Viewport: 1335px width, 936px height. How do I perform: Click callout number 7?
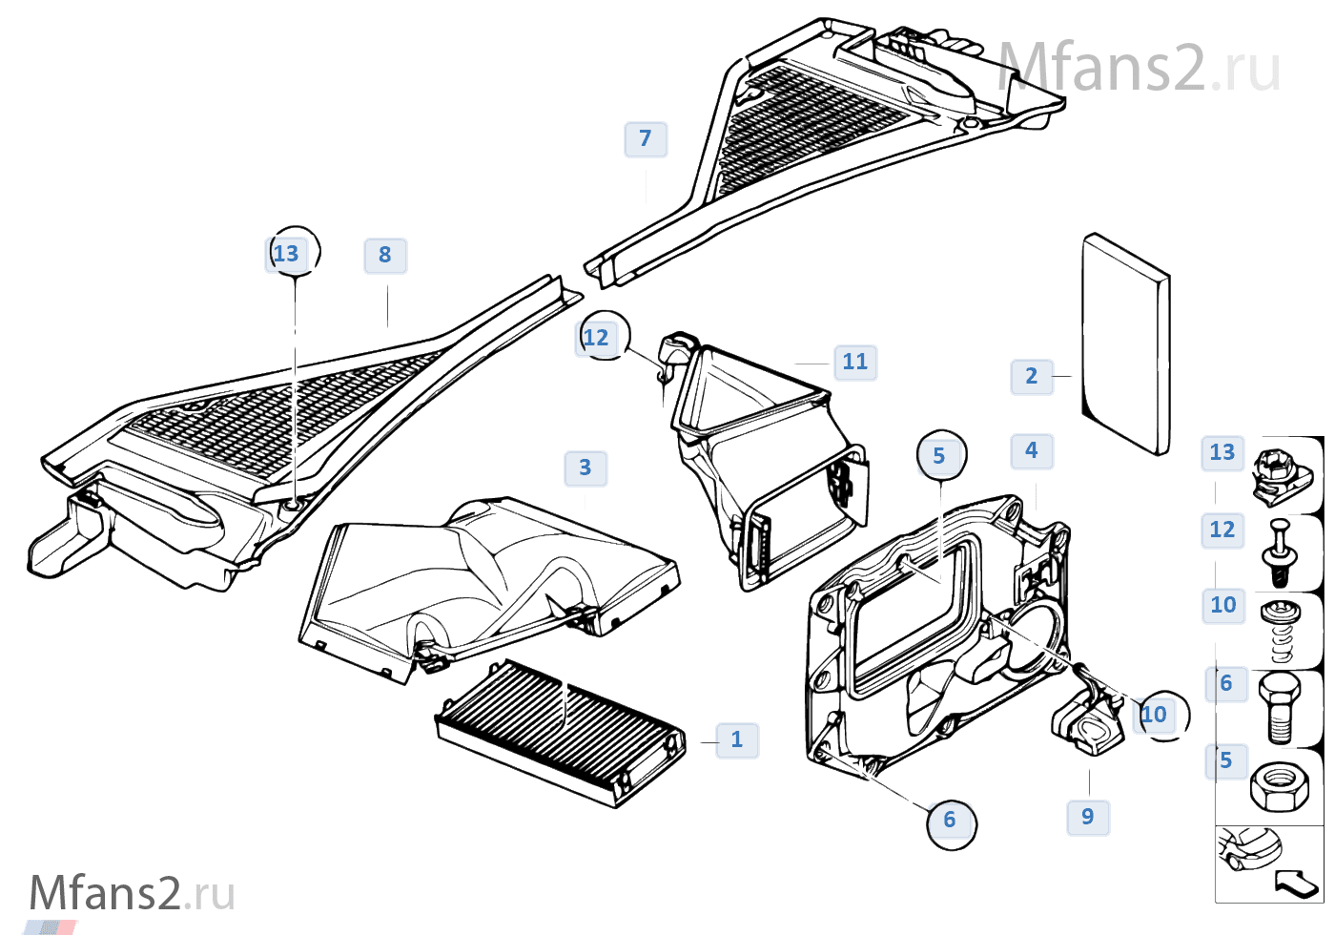[646, 139]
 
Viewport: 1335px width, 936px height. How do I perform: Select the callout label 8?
[385, 256]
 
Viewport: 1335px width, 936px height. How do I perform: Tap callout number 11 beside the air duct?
[855, 363]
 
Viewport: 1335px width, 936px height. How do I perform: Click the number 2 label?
[1032, 377]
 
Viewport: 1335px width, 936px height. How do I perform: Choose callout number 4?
[1032, 451]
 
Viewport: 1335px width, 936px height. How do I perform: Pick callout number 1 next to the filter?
[737, 740]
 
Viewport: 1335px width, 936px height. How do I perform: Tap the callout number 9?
[1088, 818]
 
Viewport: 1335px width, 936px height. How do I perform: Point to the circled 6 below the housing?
[950, 821]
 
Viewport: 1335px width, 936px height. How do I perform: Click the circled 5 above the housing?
[940, 457]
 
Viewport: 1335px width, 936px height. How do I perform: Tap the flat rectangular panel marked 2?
[1125, 343]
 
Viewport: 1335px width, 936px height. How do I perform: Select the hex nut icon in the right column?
[1279, 786]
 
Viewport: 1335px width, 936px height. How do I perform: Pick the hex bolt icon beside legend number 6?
[1279, 706]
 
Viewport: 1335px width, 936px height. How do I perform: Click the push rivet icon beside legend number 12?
[1279, 551]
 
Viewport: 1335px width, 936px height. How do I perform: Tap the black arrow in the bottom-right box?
[1297, 884]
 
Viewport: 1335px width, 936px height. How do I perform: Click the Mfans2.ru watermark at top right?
[1139, 69]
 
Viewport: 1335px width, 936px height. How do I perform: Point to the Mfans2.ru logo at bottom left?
[132, 895]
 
